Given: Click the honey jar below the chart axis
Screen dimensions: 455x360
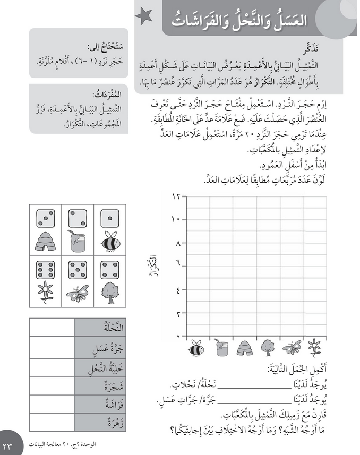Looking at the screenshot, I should tap(221, 347).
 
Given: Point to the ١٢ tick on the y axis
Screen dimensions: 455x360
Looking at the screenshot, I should tap(177, 196).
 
